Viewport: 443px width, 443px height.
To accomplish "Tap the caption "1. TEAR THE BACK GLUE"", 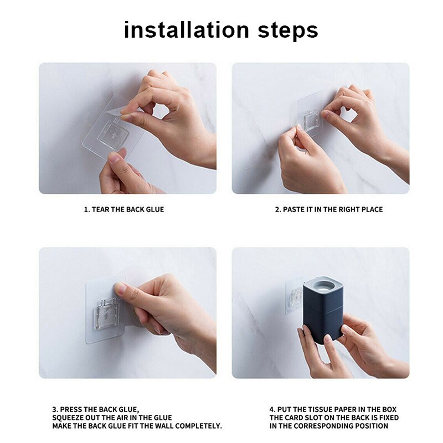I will (124, 209).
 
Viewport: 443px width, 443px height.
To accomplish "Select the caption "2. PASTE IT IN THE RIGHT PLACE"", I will (329, 209).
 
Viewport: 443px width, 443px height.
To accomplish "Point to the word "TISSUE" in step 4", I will (316, 409).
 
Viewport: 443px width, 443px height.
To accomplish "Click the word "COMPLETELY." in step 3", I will (197, 426).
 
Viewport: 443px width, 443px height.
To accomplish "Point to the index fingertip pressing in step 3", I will (120, 289).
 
